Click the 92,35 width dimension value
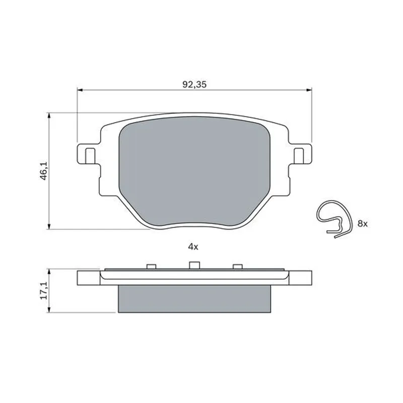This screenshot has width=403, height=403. pos(194,84)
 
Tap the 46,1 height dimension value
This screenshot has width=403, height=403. pos(44,171)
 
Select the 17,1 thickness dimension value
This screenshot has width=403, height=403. pos(44,290)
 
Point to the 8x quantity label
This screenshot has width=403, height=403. pos(362,224)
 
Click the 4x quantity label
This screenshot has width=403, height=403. pos(193,247)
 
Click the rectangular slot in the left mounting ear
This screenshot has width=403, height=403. pos(90,156)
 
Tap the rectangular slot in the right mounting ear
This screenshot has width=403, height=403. pos(299,156)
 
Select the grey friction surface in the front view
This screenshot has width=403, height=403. pos(194,172)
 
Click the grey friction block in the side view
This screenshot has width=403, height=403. pos(194,299)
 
